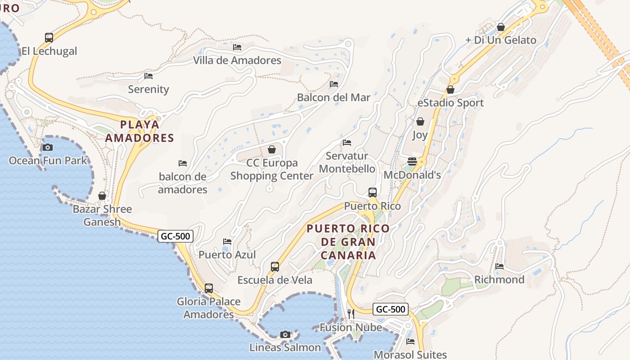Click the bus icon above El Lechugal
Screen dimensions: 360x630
tap(49, 38)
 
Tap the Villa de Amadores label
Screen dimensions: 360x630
tap(237, 60)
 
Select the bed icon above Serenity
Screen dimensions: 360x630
tap(148, 76)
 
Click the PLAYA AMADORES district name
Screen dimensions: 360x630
tap(139, 131)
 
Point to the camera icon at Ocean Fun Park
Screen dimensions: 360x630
tap(47, 147)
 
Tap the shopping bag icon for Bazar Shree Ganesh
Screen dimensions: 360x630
tap(102, 196)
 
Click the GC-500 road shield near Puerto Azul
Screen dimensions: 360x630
tap(175, 236)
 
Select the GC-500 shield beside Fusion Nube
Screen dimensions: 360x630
tap(391, 309)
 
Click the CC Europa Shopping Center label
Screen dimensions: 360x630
tap(272, 169)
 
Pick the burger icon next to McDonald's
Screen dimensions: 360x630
tap(412, 162)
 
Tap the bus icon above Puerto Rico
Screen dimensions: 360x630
tap(373, 193)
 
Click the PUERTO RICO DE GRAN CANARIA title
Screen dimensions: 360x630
tap(348, 242)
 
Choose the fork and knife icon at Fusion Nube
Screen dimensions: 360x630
tap(351, 314)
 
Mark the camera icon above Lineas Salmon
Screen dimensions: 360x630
tap(285, 334)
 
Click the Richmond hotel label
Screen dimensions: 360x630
tap(499, 279)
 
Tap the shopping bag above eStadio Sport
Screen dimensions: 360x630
tap(450, 90)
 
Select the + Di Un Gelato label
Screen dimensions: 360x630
tap(501, 40)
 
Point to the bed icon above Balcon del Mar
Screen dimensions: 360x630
tap(334, 84)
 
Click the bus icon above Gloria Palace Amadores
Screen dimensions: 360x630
tap(209, 288)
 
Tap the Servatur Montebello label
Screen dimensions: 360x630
tap(347, 162)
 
